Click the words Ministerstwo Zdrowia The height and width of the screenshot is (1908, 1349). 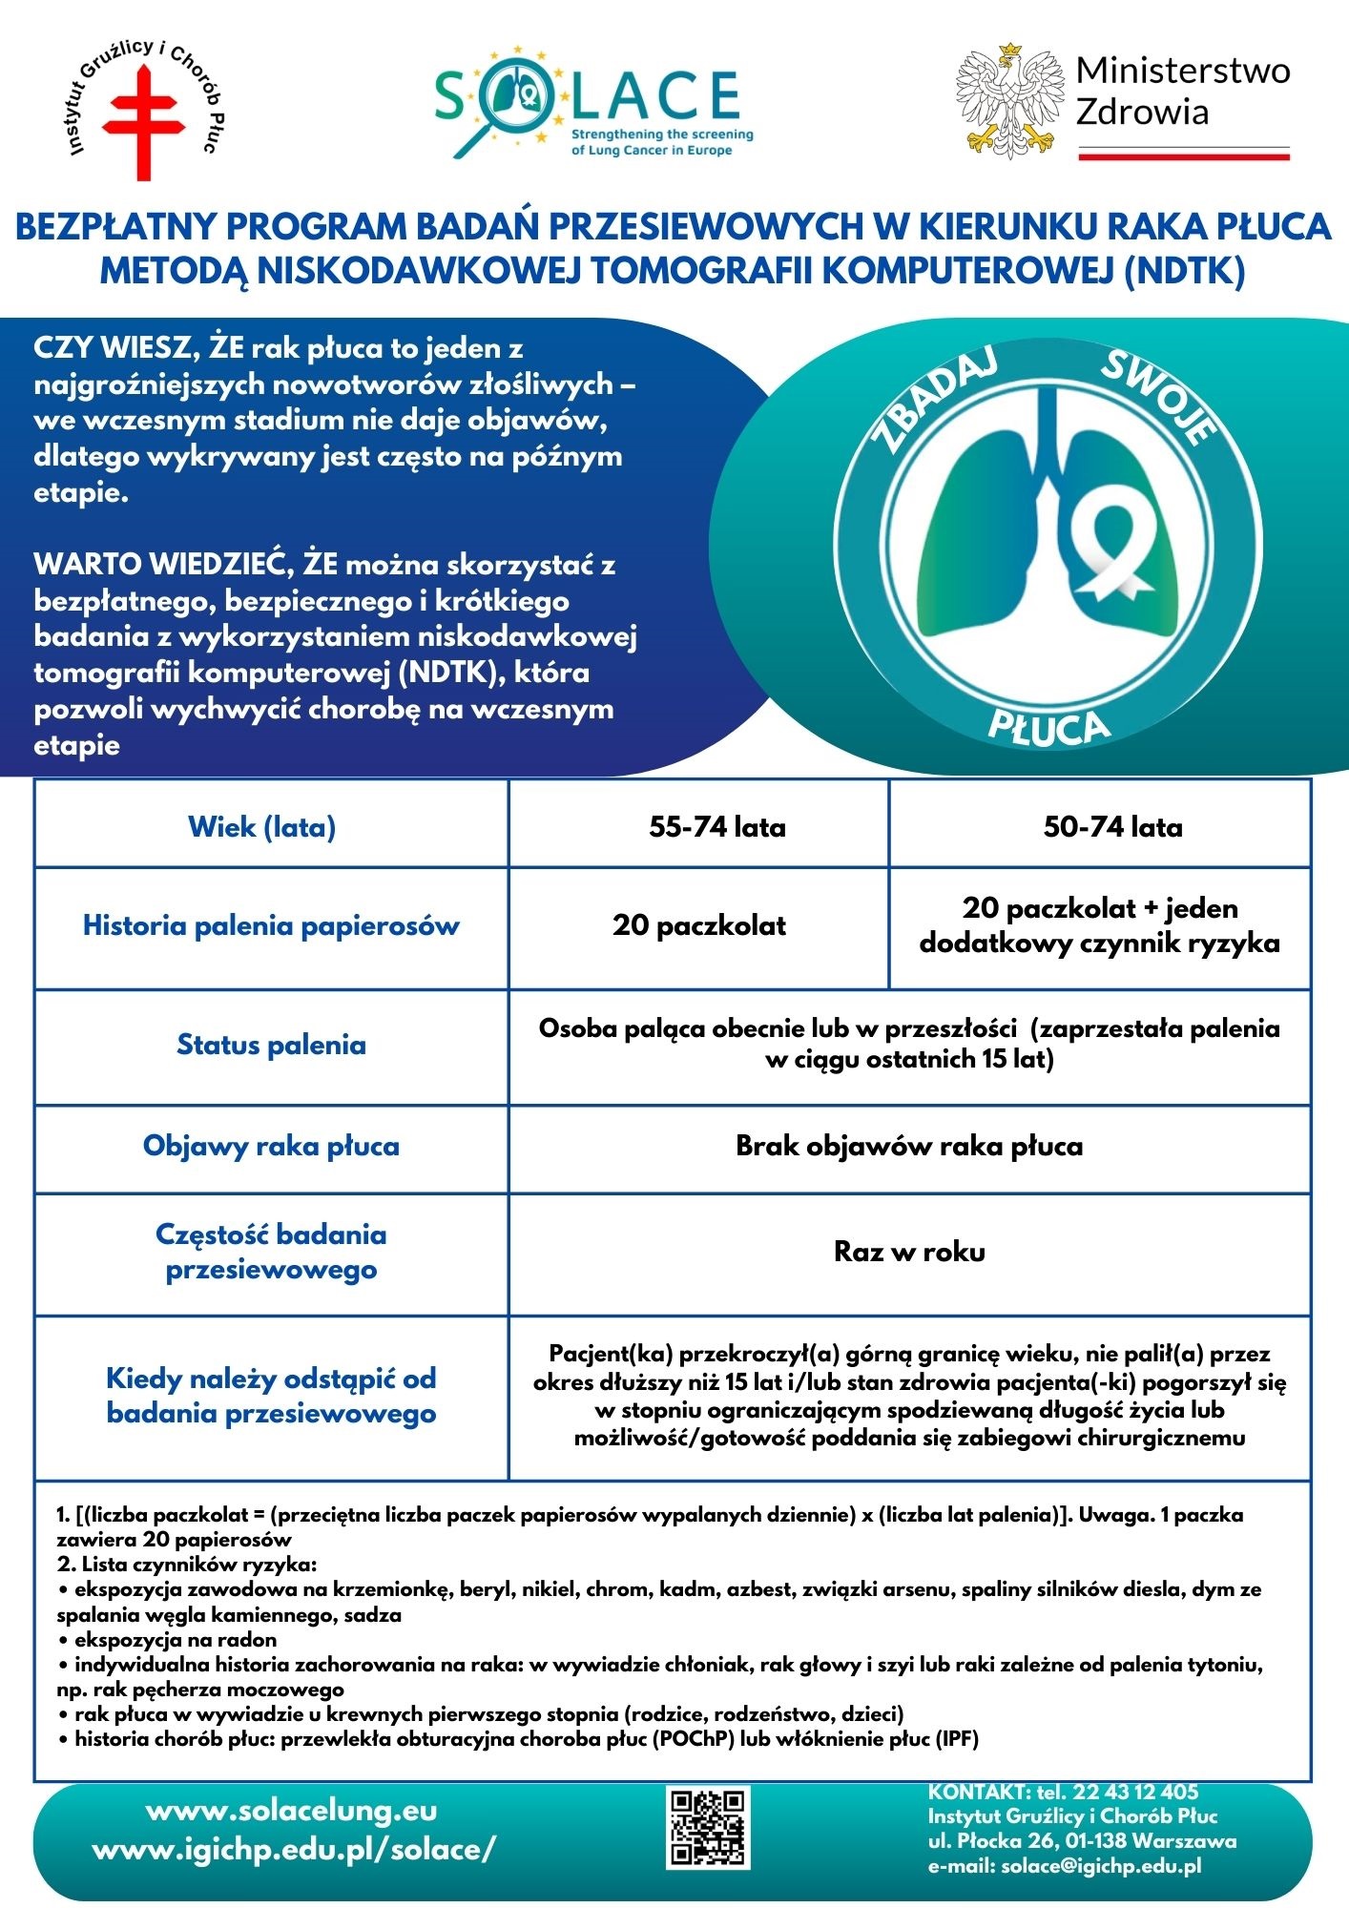pos(1182,92)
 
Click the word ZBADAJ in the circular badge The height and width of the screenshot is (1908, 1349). pos(936,400)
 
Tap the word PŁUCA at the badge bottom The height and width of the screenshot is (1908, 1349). pos(1049,726)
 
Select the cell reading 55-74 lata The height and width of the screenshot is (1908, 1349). pos(717,826)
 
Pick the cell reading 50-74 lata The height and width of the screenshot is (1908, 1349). pos(1112,826)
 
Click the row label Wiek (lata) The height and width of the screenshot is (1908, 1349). pos(261,826)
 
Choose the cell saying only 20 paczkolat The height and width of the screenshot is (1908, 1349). pos(699,925)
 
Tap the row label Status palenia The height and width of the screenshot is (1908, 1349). pos(271,1045)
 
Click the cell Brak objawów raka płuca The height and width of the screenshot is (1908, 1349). pos(909,1146)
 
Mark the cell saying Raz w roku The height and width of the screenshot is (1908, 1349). pos(909,1251)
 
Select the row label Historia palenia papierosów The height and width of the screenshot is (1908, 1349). pos(271,925)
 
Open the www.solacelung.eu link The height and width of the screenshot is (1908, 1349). pos(291,1811)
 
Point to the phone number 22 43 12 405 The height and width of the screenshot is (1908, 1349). pos(1134,1792)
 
